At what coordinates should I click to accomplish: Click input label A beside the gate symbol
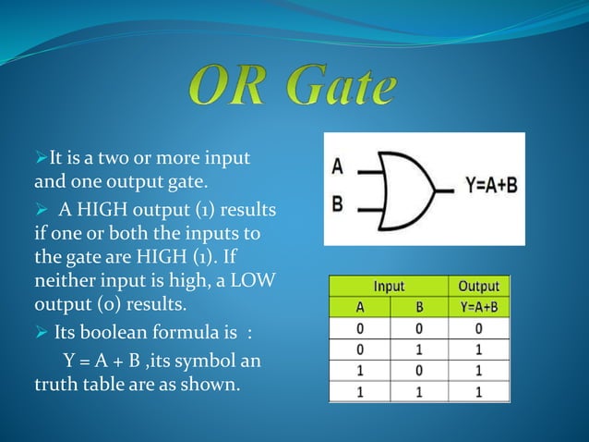(x=337, y=168)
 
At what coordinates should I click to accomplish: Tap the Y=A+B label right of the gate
(x=490, y=186)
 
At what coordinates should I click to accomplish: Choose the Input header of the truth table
(x=387, y=286)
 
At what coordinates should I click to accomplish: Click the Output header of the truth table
(x=477, y=286)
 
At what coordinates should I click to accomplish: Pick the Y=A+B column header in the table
(x=477, y=306)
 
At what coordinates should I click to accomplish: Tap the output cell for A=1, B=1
(x=477, y=392)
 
